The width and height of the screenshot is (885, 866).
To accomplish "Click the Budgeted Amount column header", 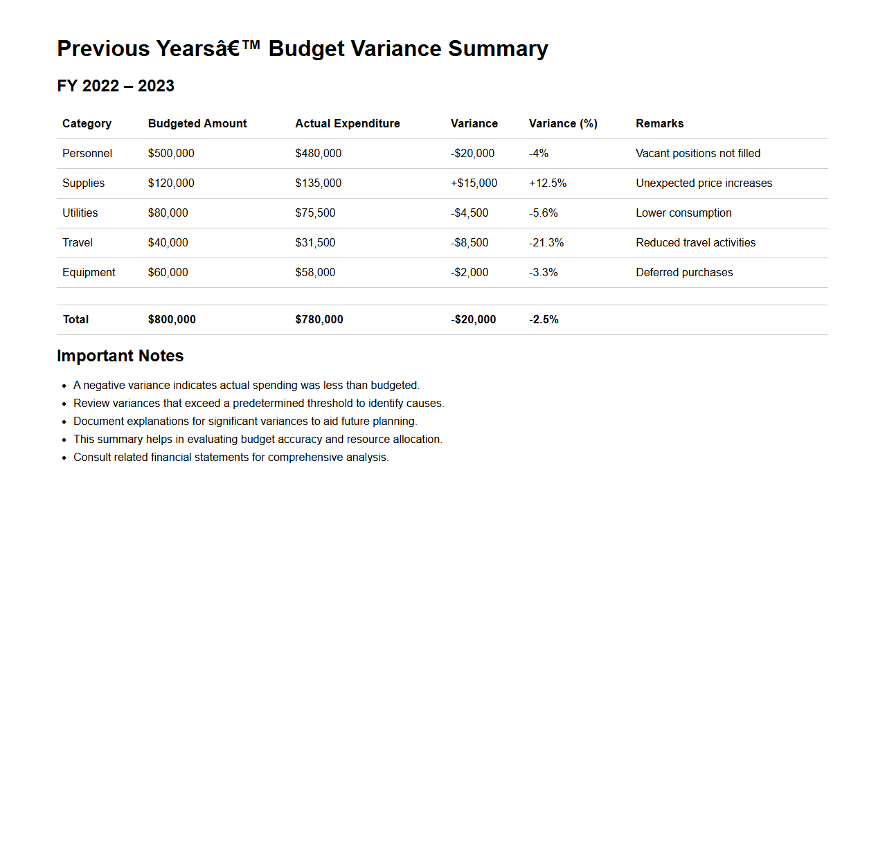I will click(x=197, y=123).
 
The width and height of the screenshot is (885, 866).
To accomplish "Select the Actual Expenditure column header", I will click(x=348, y=123).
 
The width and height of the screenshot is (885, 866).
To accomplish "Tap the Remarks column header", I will click(x=659, y=123).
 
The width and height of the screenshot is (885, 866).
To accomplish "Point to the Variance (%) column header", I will click(x=563, y=123).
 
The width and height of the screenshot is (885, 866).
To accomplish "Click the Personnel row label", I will click(x=87, y=153).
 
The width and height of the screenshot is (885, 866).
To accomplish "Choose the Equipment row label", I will click(x=89, y=272).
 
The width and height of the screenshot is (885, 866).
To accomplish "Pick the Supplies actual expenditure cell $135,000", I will click(x=319, y=183).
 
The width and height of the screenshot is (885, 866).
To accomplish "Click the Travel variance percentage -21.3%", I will click(x=546, y=242).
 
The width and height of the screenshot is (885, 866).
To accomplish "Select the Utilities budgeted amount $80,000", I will click(x=168, y=213).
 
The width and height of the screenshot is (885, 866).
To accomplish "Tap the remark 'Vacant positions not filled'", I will click(x=698, y=153).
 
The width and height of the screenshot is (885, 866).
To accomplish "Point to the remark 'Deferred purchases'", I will click(x=684, y=272).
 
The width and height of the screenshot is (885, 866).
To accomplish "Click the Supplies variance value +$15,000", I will click(x=474, y=183).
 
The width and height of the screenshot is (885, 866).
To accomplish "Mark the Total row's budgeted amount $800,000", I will click(x=172, y=319).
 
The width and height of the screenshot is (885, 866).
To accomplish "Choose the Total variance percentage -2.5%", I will click(x=544, y=319).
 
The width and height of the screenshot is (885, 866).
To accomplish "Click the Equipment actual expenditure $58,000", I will click(x=315, y=272).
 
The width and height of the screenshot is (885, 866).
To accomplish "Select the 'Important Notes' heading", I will click(x=120, y=356).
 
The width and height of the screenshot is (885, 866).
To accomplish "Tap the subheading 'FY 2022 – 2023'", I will click(x=116, y=86).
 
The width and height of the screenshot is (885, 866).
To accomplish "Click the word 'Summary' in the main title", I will click(x=498, y=48).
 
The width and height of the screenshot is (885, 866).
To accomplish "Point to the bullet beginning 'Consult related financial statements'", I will click(x=231, y=457).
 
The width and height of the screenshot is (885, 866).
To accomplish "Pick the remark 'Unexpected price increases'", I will click(x=704, y=183).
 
